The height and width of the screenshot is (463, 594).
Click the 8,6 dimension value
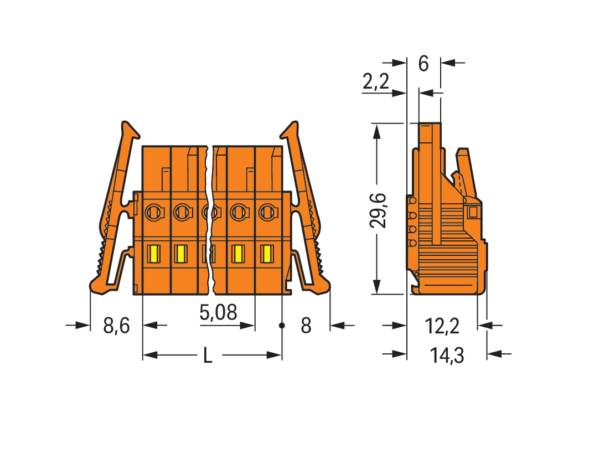coord(116,326)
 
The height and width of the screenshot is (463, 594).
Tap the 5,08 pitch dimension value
coord(218,312)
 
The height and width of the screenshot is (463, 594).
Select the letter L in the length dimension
coord(207,356)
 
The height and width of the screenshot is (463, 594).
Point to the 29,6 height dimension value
coord(378,210)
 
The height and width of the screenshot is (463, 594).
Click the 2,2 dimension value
coord(376,81)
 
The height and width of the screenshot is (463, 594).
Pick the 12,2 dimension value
coord(442,326)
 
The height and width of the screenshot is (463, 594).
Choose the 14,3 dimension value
coord(447,356)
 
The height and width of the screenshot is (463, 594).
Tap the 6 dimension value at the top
coord(423,63)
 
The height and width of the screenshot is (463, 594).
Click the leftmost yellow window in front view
coord(154,254)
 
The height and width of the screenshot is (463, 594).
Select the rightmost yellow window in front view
coord(267,254)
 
